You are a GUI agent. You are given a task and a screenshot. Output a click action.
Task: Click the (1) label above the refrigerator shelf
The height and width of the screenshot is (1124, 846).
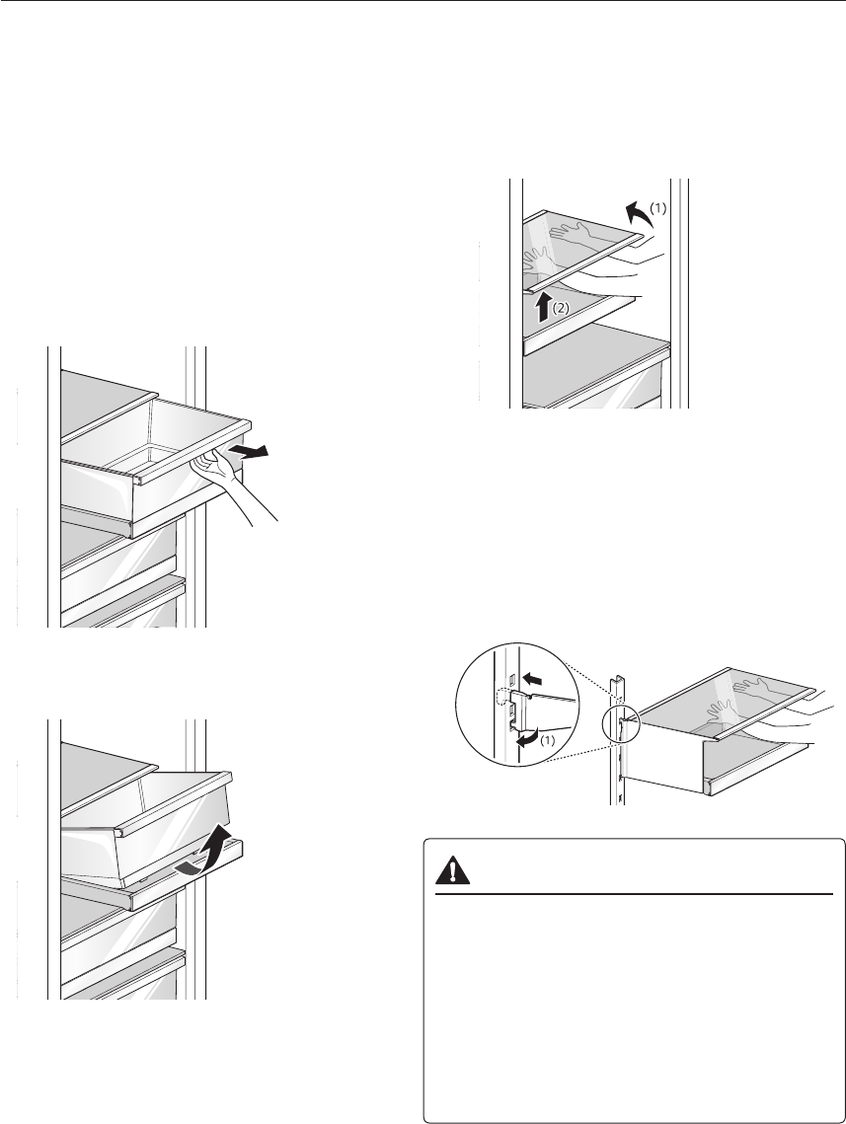pyautogui.click(x=659, y=208)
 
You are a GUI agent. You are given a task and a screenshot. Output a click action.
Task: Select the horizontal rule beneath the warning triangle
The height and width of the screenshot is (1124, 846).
pyautogui.click(x=635, y=894)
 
